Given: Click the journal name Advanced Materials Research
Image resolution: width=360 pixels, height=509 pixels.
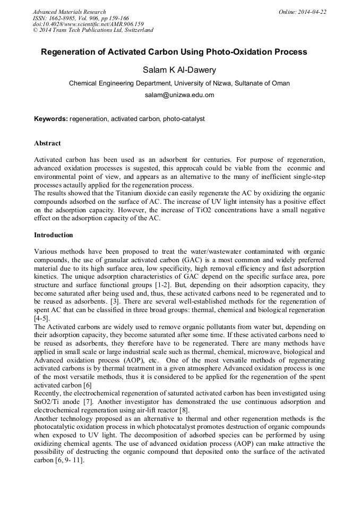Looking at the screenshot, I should [x=69, y=12].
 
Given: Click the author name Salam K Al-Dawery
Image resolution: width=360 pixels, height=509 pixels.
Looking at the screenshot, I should [x=179, y=70].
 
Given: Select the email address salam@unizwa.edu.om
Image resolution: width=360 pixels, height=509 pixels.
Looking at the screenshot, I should [x=179, y=95].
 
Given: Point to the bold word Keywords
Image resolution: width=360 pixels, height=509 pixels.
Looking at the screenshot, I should [x=50, y=119].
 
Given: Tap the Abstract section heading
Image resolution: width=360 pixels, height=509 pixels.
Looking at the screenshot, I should [x=47, y=143].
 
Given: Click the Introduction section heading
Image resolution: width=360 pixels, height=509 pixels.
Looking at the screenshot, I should [x=54, y=235].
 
